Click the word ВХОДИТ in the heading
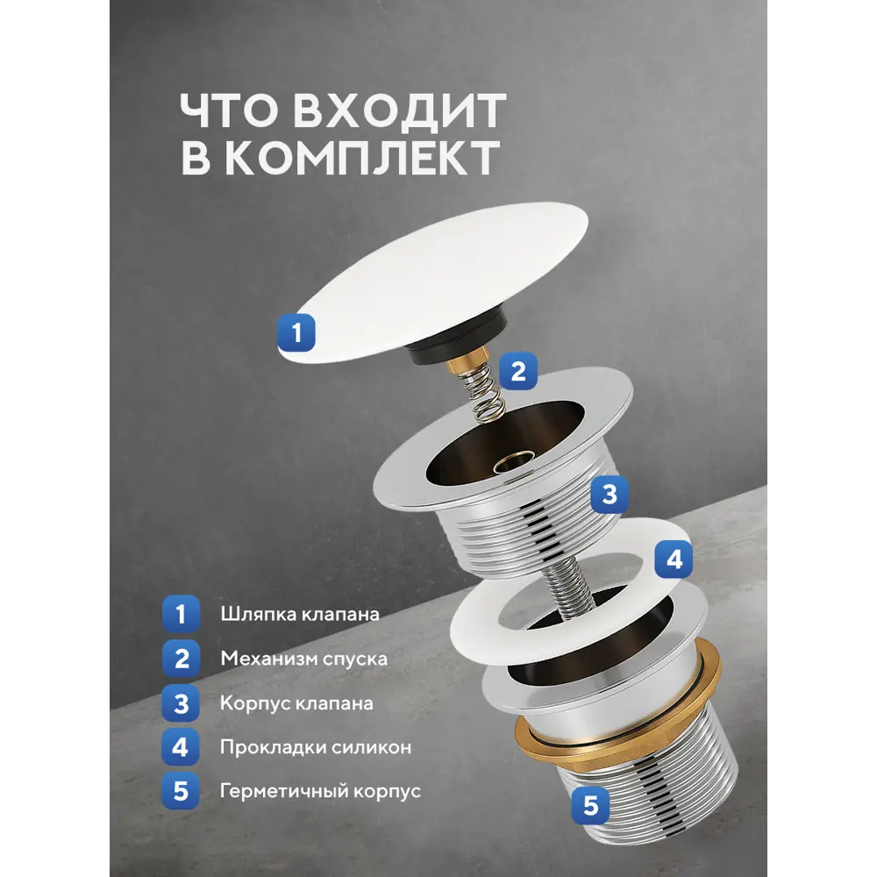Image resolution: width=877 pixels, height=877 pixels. [x=400, y=111]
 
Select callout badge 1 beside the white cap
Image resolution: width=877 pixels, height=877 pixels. [x=296, y=332]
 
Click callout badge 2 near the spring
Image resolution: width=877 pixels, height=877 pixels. [x=518, y=371]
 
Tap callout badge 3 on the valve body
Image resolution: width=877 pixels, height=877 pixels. [x=610, y=495]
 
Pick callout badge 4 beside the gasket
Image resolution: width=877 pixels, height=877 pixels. [x=674, y=560]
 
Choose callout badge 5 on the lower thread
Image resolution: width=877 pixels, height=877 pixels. [x=590, y=805]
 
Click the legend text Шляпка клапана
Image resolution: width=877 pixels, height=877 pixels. [x=300, y=614]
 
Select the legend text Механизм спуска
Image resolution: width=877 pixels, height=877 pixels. [x=303, y=659]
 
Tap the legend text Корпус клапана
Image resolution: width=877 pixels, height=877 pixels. [x=296, y=703]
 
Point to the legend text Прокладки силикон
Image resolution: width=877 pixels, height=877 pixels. [x=316, y=747]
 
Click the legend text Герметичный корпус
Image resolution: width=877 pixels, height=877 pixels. [x=320, y=791]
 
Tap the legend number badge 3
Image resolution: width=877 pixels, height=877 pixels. [x=181, y=703]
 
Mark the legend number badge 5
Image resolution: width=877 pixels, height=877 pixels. [x=181, y=791]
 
